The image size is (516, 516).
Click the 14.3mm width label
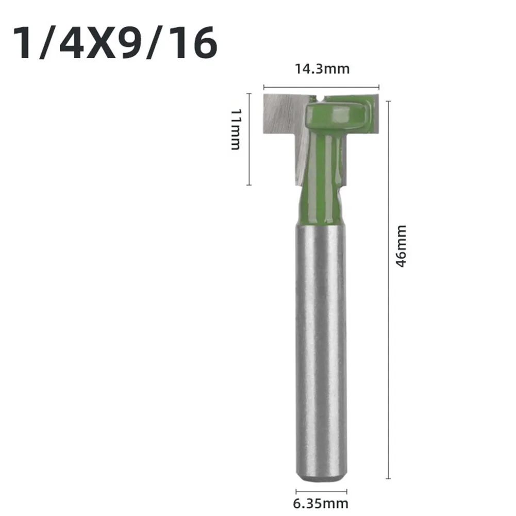(321, 69)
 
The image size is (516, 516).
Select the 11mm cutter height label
(235, 129)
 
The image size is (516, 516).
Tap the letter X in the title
(111, 43)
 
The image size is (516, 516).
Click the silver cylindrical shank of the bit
(321, 351)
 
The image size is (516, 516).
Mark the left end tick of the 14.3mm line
(264, 88)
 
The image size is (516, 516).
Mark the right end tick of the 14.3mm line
(379, 88)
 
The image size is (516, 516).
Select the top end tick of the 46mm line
(388, 102)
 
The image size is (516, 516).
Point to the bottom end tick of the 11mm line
(249, 185)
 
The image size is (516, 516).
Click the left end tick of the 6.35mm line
(296, 491)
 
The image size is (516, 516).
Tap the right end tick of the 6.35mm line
(346, 491)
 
